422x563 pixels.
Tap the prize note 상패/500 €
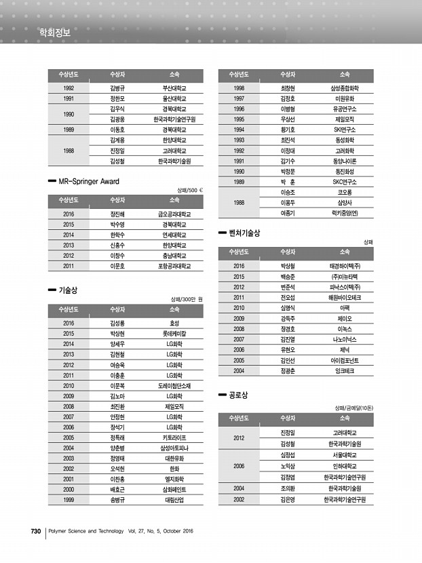pos(189,190)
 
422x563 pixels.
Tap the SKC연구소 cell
pos(344,182)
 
